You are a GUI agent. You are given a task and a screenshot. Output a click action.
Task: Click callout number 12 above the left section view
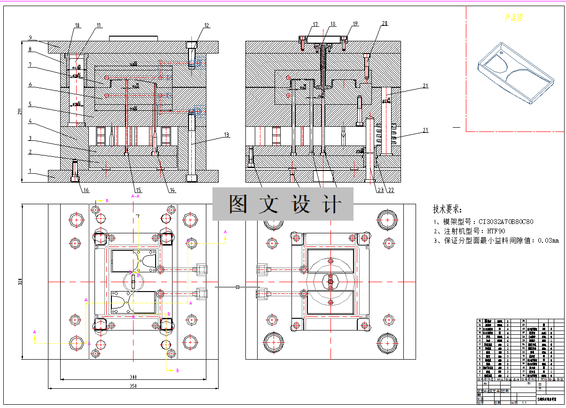click(206, 25)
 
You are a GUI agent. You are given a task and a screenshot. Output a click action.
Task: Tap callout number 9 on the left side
click(29, 37)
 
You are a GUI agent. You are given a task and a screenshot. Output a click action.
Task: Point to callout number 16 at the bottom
click(85, 190)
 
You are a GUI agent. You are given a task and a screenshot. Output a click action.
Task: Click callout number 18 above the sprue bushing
click(333, 24)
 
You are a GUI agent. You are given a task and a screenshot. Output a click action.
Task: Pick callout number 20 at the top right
click(385, 23)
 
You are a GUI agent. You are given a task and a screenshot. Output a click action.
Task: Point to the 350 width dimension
click(133, 386)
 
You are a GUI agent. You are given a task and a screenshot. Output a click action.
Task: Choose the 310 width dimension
click(133, 377)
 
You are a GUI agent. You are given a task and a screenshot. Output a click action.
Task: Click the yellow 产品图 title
click(514, 18)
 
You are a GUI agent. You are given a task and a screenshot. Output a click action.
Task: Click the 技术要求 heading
click(448, 209)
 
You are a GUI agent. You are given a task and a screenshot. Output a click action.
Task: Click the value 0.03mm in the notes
click(549, 241)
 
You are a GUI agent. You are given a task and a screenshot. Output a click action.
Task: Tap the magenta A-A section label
click(135, 196)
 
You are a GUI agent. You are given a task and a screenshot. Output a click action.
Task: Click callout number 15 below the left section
click(139, 190)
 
